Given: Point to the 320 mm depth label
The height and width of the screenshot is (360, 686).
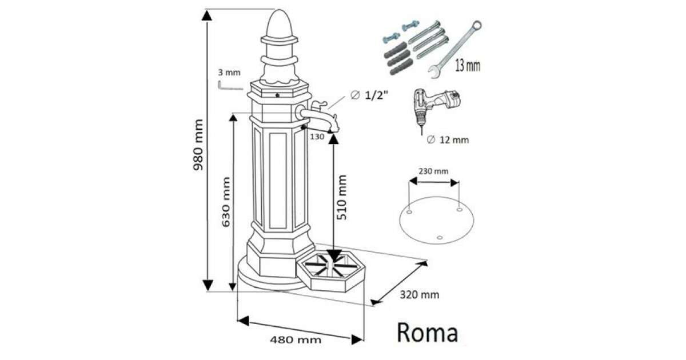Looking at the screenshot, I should click(x=420, y=295).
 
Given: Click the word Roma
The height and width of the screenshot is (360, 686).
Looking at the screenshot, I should click(x=427, y=333).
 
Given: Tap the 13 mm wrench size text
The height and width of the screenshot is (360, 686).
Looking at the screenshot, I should click(x=467, y=65).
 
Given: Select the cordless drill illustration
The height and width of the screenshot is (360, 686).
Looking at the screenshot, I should click(x=434, y=106).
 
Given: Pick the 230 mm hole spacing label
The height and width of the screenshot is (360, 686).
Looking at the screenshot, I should click(x=434, y=171).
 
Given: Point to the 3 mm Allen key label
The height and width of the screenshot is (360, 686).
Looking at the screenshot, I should click(x=229, y=73).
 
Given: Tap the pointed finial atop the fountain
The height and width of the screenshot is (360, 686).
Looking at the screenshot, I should click(x=280, y=23).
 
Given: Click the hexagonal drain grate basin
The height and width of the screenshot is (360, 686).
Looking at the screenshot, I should click(x=330, y=269).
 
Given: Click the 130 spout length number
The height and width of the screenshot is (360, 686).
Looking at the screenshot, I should click(x=317, y=137).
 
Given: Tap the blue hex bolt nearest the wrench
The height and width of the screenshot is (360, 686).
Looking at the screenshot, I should click(x=409, y=26).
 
